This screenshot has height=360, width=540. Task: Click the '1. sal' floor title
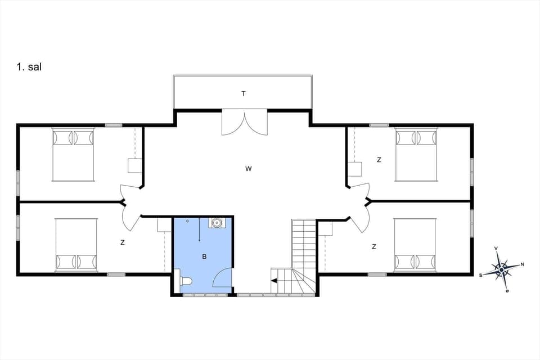[x=29, y=67]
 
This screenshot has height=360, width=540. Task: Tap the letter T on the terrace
[x=244, y=94]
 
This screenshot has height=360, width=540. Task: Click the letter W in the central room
[x=248, y=169]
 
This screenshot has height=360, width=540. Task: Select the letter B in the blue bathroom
[x=205, y=256]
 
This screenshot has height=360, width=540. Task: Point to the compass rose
[x=501, y=269]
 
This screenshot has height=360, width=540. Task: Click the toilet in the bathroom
[x=184, y=281]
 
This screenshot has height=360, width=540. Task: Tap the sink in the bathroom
[x=215, y=223]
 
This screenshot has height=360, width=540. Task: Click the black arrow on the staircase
[x=274, y=280]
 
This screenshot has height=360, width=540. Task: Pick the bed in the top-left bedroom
[x=73, y=155]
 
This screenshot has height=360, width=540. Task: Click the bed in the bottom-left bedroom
[x=76, y=245]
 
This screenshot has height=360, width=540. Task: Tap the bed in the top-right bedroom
[x=416, y=155]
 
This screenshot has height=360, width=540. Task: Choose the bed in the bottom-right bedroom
[x=415, y=245]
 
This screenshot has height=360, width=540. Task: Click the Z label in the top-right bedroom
[x=379, y=160]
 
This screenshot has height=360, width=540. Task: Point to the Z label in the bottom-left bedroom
[x=122, y=243]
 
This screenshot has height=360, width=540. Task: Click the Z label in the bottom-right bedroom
[x=374, y=246]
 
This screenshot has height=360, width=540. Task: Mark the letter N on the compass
[x=522, y=264]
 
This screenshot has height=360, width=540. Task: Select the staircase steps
[x=304, y=247]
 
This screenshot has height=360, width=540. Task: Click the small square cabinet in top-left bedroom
[x=135, y=166]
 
